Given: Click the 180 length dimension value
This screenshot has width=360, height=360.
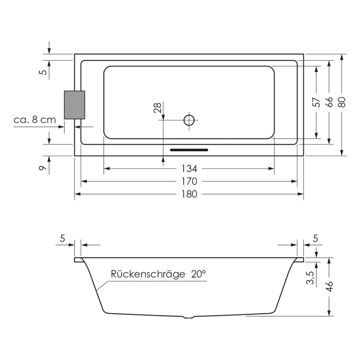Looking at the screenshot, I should tap(189, 194).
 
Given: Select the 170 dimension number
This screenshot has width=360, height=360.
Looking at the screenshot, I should tap(189, 182).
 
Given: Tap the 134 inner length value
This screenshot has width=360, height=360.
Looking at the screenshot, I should tap(189, 169).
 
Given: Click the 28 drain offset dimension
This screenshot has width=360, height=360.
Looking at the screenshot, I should tap(157, 107).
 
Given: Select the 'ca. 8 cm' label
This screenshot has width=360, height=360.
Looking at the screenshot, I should tap(35, 120).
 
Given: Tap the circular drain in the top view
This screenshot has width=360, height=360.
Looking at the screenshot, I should tap(189, 120).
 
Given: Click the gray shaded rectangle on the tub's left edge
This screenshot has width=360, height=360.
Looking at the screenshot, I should tap(75, 105).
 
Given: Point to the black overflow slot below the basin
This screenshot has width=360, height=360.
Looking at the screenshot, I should tap(189, 150).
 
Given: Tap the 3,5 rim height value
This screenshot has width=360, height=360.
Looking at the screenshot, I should tap(310, 280).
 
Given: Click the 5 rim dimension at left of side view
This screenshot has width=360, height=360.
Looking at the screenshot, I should tap(63, 238).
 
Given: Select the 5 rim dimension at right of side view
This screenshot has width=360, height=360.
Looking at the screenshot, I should tap(315, 238).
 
